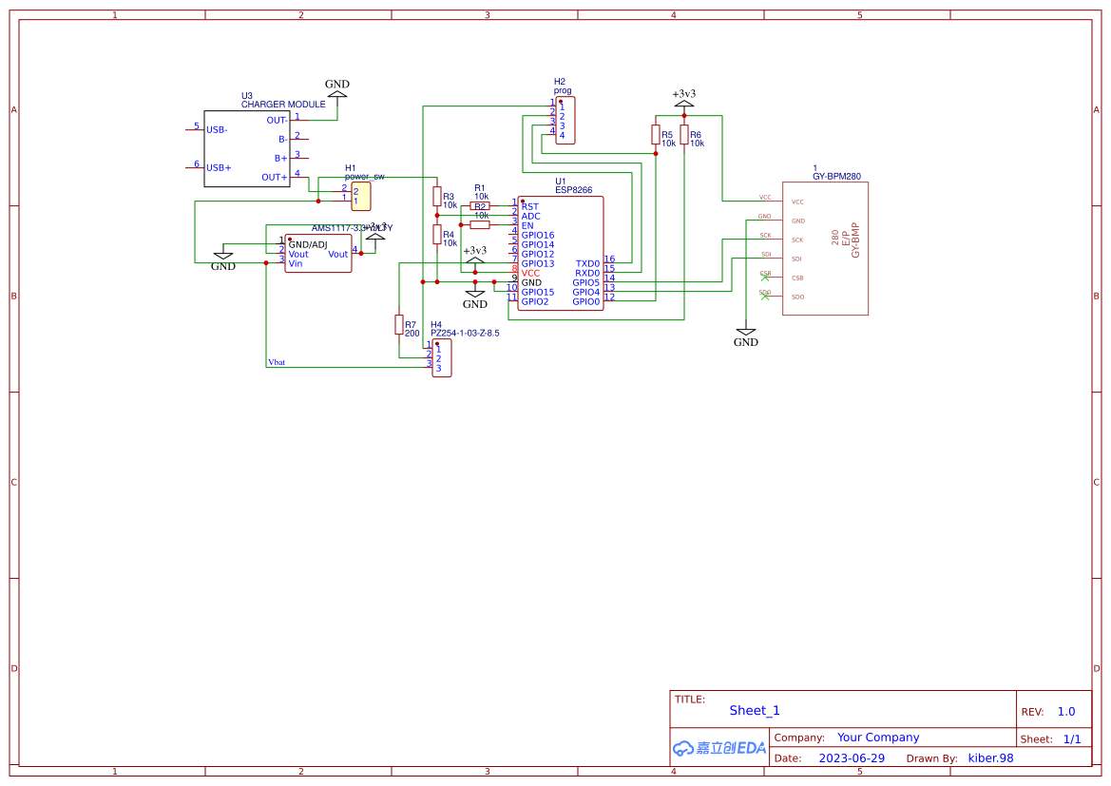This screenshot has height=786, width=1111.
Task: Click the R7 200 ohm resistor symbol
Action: (399, 325)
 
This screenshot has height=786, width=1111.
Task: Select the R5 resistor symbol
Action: (656, 134)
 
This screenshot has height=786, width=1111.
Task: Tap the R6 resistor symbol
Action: (684, 134)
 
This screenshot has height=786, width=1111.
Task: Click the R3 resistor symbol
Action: (437, 197)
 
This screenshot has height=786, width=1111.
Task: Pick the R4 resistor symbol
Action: (437, 235)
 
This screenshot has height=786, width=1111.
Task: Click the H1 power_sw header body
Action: (361, 196)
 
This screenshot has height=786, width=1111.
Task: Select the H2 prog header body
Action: (565, 120)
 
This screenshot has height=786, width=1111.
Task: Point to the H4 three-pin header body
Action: (442, 358)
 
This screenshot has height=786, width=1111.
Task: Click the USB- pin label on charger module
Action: (217, 129)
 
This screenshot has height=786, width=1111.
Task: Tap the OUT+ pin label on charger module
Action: (274, 177)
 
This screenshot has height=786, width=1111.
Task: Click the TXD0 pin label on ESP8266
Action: (587, 263)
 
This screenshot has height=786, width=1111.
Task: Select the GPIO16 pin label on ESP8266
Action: (537, 235)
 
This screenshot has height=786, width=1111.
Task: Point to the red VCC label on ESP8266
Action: (530, 273)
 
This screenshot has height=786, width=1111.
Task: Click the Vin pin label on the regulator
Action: (296, 263)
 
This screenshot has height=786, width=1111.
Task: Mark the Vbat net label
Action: (277, 362)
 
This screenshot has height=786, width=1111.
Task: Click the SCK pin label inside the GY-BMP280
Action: (797, 240)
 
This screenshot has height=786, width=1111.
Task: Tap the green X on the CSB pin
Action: (766, 278)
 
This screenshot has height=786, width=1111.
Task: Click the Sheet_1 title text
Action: (755, 710)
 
